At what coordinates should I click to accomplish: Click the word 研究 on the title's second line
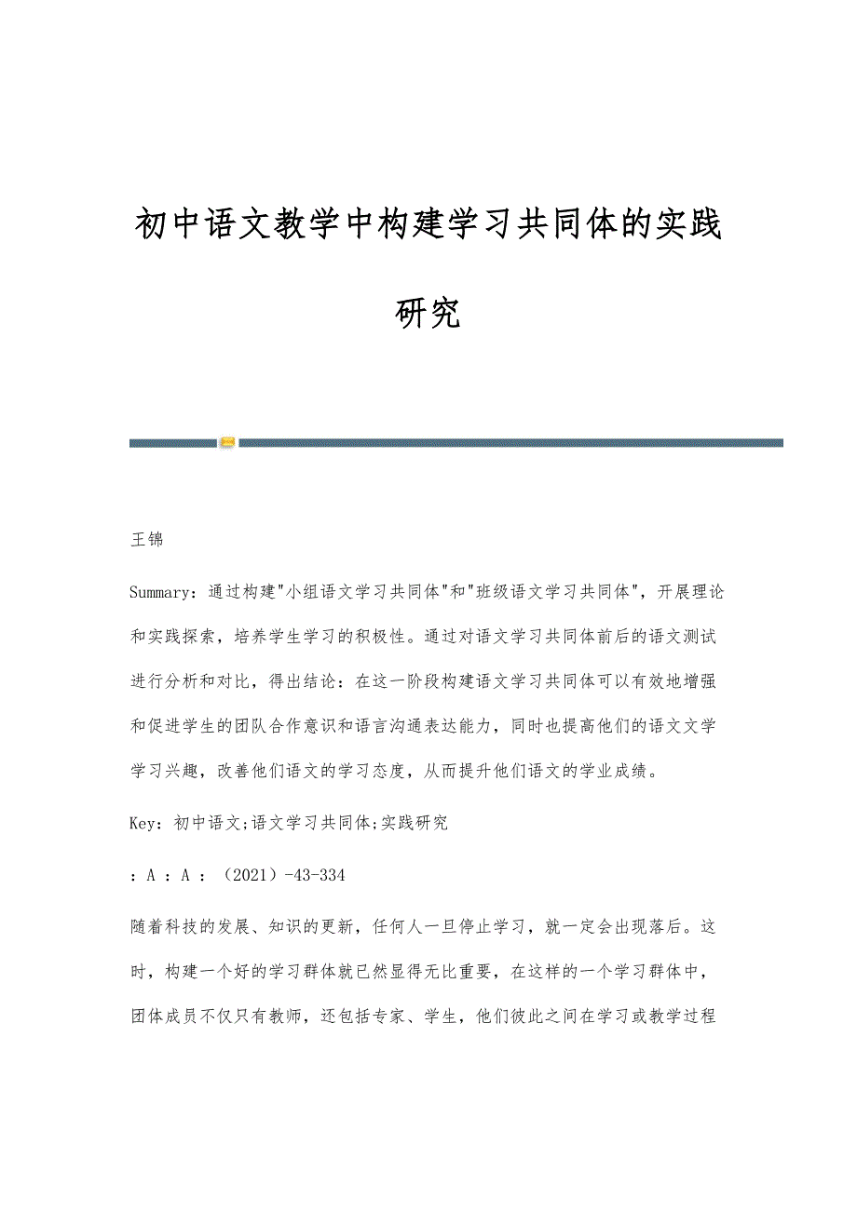(428, 314)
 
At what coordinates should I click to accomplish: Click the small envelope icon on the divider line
(227, 442)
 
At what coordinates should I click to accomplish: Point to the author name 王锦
(147, 540)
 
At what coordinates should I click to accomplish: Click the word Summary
(161, 591)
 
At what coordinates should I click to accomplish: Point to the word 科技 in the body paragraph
(186, 926)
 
